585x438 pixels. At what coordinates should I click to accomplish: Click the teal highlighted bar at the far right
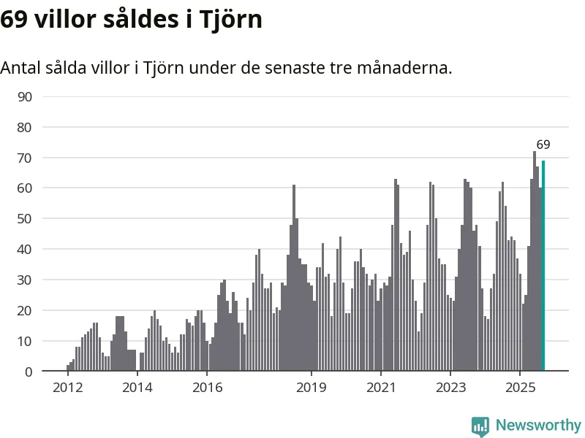click(543, 266)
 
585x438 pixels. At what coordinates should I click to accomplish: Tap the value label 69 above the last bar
click(543, 145)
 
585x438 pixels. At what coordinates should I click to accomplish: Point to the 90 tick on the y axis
click(26, 97)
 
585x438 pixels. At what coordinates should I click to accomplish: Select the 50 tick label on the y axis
click(26, 219)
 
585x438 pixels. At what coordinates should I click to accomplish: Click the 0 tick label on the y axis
click(29, 372)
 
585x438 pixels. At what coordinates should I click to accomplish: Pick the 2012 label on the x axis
click(67, 387)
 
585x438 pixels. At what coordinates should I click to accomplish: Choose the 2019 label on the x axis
click(312, 387)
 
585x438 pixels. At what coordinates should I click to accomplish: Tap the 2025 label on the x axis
click(520, 387)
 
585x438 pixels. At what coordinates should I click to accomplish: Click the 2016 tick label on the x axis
click(207, 387)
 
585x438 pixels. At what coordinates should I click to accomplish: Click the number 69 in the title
click(14, 20)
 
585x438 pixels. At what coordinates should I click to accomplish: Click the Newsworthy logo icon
click(480, 426)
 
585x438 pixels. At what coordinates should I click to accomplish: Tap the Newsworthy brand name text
click(538, 425)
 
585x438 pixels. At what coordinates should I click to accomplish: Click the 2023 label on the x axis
click(450, 387)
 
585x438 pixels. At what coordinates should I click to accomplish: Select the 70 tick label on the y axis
click(26, 158)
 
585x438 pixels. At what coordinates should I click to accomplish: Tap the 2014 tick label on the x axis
click(137, 387)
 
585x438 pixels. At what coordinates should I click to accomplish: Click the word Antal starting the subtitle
click(20, 68)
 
